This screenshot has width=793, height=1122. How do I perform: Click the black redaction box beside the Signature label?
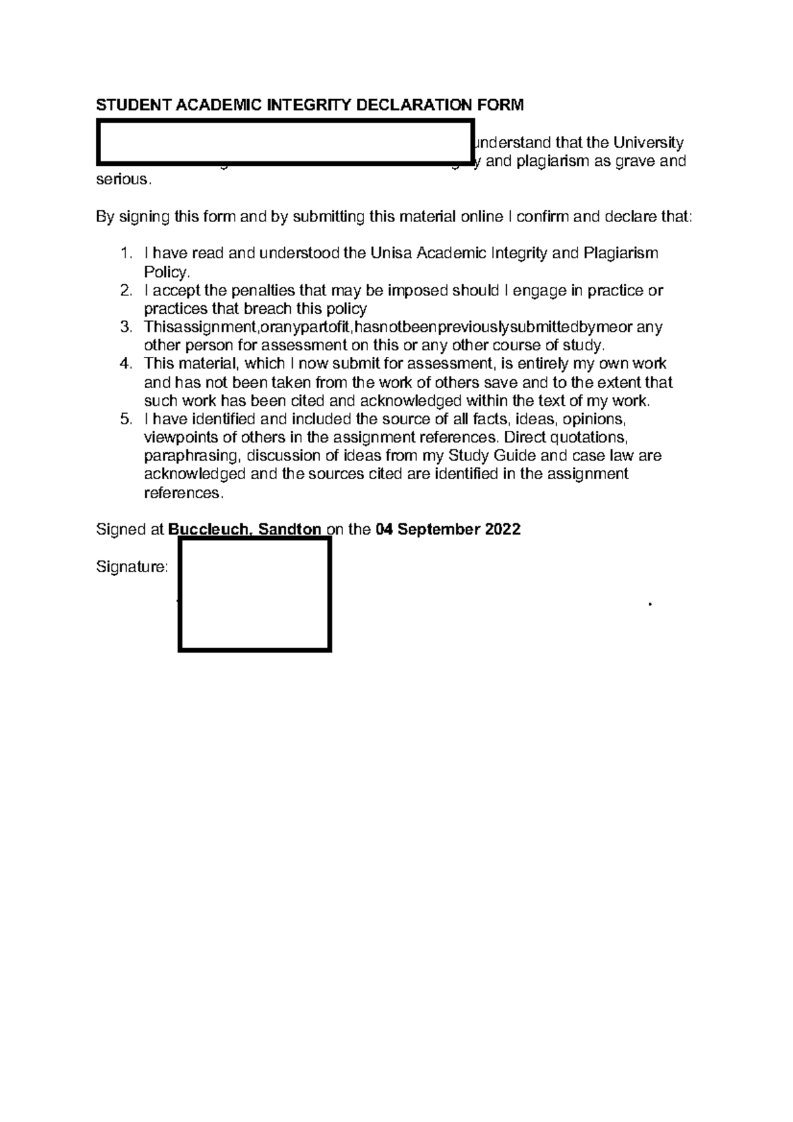[x=254, y=595]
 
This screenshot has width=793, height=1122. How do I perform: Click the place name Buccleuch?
[x=210, y=530]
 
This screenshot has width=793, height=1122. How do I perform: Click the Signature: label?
[x=132, y=567]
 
